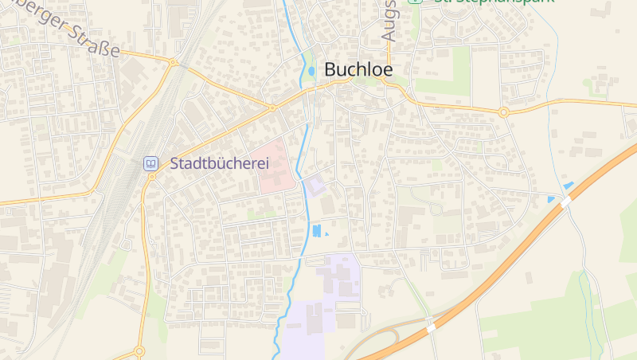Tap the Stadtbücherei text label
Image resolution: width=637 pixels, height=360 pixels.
pyautogui.click(x=220, y=163)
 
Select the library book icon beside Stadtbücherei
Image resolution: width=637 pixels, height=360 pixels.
pyautogui.click(x=150, y=163)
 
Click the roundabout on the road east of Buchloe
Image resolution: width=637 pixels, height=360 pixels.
pyautogui.click(x=503, y=112)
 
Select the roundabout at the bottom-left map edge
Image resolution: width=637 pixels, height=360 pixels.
pyautogui.click(x=139, y=350)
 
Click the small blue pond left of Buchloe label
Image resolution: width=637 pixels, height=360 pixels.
pyautogui.click(x=311, y=72)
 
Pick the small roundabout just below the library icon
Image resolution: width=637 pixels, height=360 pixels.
pyautogui.click(x=152, y=176)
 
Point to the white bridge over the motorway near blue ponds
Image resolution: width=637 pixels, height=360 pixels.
pyautogui.click(x=565, y=203)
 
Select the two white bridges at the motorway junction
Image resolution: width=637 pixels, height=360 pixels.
pyautogui.click(x=431, y=326)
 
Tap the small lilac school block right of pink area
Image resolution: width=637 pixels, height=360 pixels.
pyautogui.click(x=315, y=186)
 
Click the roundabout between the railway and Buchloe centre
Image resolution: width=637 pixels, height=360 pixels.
pyautogui.click(x=272, y=107)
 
